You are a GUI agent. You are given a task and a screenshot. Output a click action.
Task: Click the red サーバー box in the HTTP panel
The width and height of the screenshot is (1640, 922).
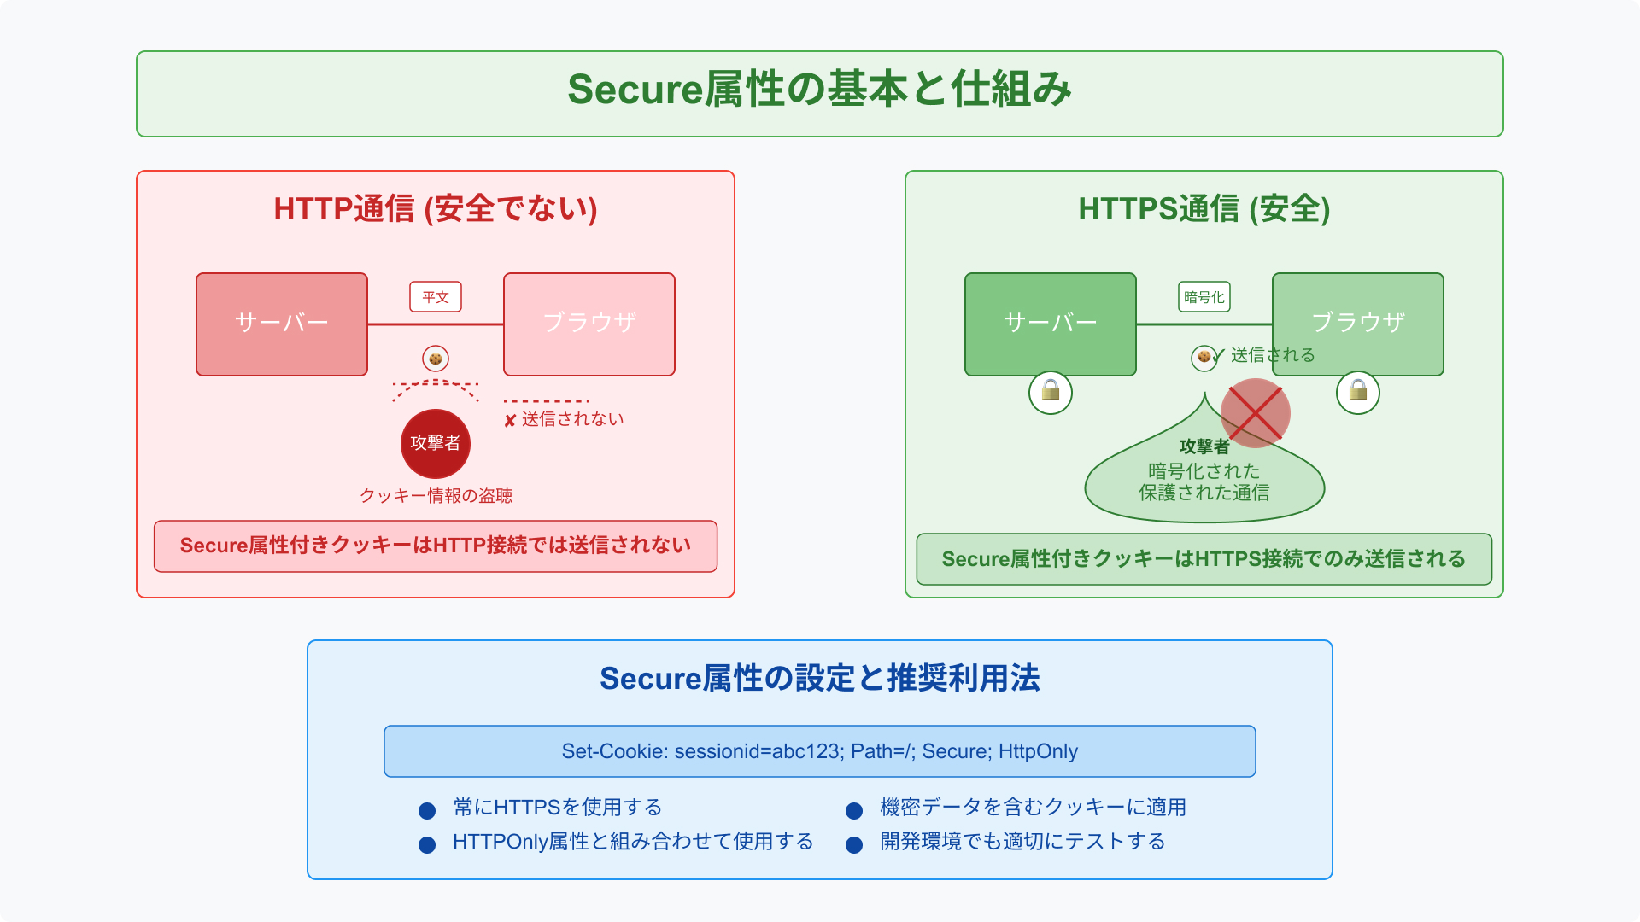[x=282, y=324]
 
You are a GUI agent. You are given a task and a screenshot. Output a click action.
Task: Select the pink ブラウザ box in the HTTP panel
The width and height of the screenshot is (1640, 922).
[x=589, y=324]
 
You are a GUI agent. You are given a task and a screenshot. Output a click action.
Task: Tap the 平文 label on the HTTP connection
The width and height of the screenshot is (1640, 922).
[x=436, y=297]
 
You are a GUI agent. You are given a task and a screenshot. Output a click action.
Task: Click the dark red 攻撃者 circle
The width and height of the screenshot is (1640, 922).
[x=436, y=443]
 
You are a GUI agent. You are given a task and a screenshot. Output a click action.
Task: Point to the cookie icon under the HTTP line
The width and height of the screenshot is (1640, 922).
[x=436, y=359]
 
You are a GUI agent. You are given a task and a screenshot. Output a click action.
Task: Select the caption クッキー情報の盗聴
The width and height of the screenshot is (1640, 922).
[x=436, y=496]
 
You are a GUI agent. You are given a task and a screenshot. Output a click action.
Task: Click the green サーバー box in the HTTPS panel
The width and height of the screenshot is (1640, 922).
[x=1051, y=324]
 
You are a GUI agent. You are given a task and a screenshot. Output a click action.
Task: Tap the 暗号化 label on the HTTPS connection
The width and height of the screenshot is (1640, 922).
[x=1204, y=297]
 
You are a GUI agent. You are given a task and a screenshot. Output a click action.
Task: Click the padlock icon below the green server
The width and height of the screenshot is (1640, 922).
[x=1051, y=393]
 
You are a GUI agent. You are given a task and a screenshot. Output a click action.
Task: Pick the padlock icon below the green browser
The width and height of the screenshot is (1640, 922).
[x=1358, y=393]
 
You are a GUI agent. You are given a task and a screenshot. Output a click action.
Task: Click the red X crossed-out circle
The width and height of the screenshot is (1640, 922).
[x=1256, y=413]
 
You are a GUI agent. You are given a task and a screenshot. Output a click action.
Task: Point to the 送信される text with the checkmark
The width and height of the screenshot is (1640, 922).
[x=1272, y=355]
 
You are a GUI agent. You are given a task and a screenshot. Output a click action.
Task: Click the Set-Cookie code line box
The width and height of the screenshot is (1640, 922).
[x=820, y=751]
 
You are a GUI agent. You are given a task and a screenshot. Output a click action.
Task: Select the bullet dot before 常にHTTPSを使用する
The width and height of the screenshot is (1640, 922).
[x=427, y=810]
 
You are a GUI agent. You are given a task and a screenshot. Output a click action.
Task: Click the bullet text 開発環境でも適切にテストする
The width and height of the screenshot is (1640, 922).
[x=1022, y=842]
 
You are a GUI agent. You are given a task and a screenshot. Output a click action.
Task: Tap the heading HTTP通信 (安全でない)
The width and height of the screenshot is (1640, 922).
[x=436, y=209]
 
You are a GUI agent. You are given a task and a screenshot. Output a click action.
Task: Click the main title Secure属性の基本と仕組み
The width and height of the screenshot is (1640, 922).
[x=820, y=90]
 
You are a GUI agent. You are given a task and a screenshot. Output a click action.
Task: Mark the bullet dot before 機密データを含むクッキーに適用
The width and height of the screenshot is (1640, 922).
[x=854, y=810]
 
